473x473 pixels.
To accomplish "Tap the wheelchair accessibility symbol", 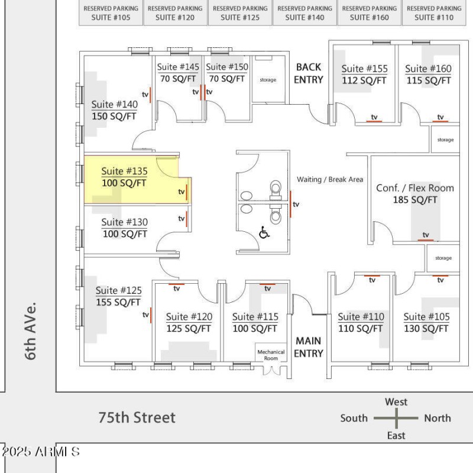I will point(264,233).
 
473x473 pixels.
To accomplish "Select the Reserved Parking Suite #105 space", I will point(111,13).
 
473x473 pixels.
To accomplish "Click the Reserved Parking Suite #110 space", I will point(434,13).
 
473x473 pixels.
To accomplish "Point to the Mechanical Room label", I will point(271,355).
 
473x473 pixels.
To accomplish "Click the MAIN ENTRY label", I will point(309,347).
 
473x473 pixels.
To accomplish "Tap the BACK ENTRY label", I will point(309,73).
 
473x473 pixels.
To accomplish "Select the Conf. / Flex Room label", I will point(415,188).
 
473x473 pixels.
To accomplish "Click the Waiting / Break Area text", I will point(330,179).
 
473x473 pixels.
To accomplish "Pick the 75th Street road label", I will point(137,417).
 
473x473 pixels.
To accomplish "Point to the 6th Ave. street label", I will point(31,331).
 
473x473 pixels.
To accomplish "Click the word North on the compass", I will point(437,418).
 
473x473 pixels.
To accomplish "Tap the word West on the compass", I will point(396,402).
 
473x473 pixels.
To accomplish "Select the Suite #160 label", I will point(428,69).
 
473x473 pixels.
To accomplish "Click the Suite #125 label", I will point(119,290).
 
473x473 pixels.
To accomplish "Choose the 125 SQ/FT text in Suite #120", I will point(189,329).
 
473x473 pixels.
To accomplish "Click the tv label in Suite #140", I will point(145,94).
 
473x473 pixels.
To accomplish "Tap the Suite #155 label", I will point(364,69).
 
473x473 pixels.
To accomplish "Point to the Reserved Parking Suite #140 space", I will point(304,13).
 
